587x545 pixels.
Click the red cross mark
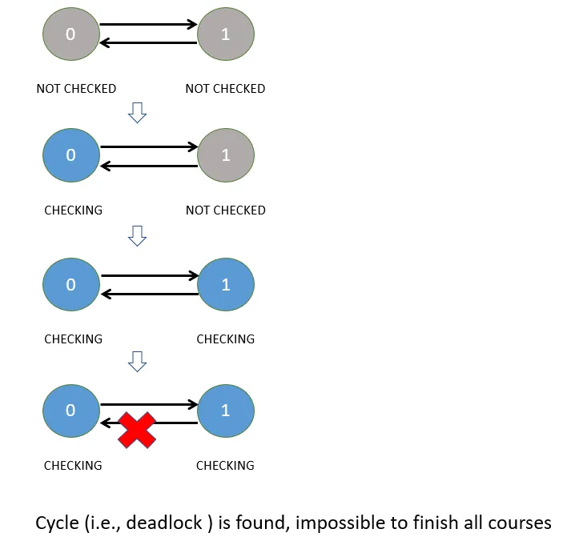pos(137,430)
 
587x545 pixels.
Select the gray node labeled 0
pos(70,34)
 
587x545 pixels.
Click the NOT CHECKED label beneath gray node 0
pos(76,89)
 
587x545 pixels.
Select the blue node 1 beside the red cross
pos(225,411)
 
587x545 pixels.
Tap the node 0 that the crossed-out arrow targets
pos(70,411)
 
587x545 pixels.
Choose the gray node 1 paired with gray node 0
pos(225,34)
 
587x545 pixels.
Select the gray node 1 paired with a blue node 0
pos(225,155)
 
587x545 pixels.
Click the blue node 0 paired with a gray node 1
pos(70,155)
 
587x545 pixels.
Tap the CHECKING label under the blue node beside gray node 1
pos(73,210)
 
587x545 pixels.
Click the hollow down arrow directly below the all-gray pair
pos(138,114)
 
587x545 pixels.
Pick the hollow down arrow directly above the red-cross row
pos(138,363)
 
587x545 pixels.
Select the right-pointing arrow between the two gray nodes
pos(149,25)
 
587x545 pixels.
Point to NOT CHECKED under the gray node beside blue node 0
pos(225,210)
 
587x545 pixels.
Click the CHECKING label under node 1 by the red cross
pos(225,466)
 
